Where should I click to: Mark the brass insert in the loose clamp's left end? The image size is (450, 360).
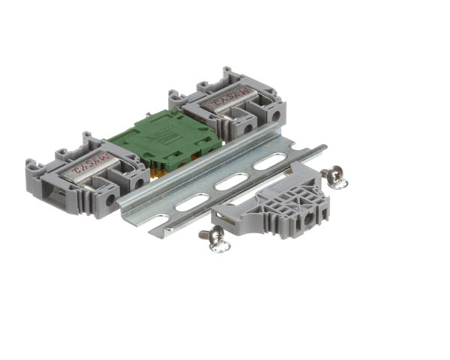(x=223, y=219)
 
